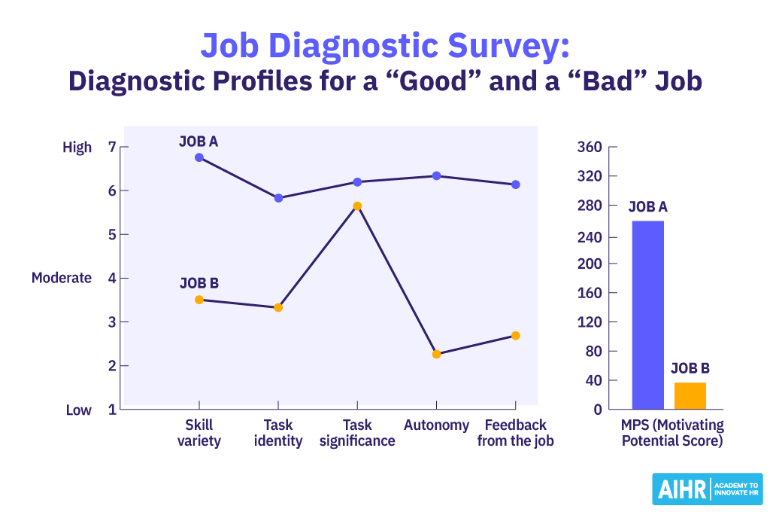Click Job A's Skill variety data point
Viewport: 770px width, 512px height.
(x=199, y=157)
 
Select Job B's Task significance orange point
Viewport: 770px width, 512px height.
(x=357, y=206)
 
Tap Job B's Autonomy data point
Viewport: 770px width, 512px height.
(x=436, y=354)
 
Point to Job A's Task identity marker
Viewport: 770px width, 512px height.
(x=278, y=198)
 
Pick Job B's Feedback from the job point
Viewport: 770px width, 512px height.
(x=515, y=336)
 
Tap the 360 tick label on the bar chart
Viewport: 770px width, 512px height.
(x=589, y=147)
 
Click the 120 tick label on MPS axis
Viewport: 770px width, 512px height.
(x=589, y=322)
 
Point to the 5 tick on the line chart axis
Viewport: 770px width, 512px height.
(x=113, y=234)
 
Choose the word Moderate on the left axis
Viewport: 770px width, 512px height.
(x=62, y=278)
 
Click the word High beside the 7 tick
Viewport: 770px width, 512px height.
(x=77, y=148)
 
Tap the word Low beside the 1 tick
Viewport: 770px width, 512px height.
(x=78, y=410)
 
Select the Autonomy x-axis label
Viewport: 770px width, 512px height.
(x=436, y=425)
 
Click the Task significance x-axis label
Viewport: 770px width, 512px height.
(x=357, y=433)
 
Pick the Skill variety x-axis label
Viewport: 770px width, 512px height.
(x=199, y=433)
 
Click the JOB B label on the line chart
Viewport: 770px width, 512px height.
(x=199, y=284)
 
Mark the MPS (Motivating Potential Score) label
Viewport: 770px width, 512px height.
(x=671, y=433)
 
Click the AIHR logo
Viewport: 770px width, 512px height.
(x=707, y=489)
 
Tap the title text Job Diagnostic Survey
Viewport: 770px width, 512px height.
(x=384, y=46)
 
